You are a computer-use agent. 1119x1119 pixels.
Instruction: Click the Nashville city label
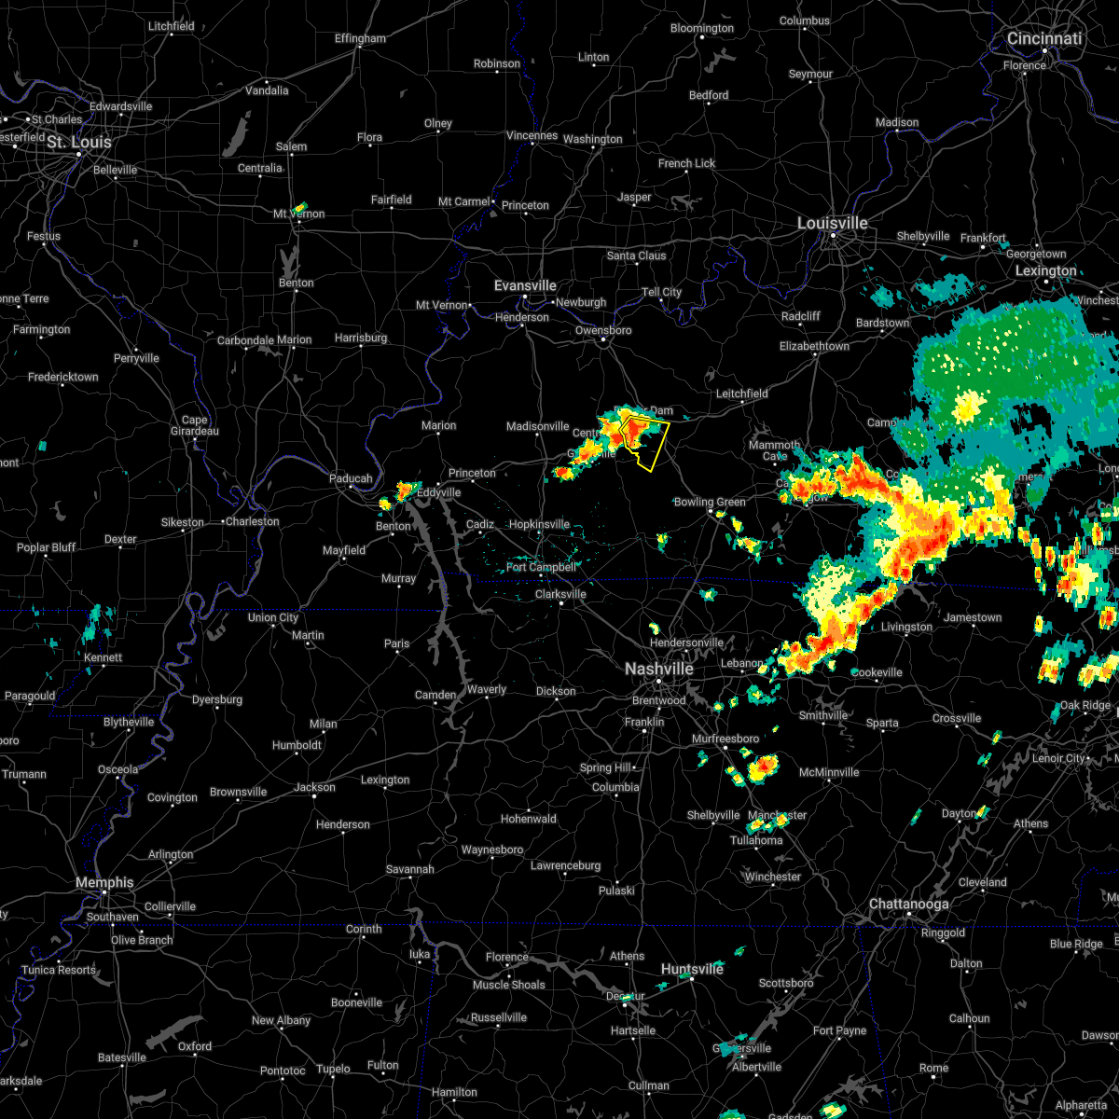[x=658, y=670]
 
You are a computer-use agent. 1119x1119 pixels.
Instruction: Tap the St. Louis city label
[x=79, y=143]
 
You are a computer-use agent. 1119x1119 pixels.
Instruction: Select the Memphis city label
[x=104, y=883]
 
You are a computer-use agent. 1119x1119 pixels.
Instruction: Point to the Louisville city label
[x=832, y=224]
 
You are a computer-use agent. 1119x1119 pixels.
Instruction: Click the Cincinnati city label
[x=1043, y=39]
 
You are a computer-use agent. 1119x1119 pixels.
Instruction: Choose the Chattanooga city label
[x=908, y=905]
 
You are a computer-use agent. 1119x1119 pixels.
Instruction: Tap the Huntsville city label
[x=692, y=970]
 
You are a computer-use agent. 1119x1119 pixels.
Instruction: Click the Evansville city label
[x=525, y=286]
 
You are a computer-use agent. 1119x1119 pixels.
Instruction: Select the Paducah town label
[x=351, y=479]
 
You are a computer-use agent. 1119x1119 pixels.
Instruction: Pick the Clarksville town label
[x=560, y=594]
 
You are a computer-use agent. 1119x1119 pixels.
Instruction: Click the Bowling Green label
[x=710, y=503]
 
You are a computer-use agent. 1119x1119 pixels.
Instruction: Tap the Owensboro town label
[x=603, y=330]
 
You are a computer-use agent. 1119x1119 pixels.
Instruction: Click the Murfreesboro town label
[x=725, y=739]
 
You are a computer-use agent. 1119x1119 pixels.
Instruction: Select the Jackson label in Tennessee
[x=314, y=787]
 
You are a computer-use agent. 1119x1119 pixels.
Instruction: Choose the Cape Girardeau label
[x=195, y=425]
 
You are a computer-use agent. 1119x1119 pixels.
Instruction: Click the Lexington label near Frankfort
[x=1045, y=271]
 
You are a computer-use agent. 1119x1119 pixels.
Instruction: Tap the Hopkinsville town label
[x=539, y=524]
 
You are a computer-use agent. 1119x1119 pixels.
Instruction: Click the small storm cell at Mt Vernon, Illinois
[x=300, y=207]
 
